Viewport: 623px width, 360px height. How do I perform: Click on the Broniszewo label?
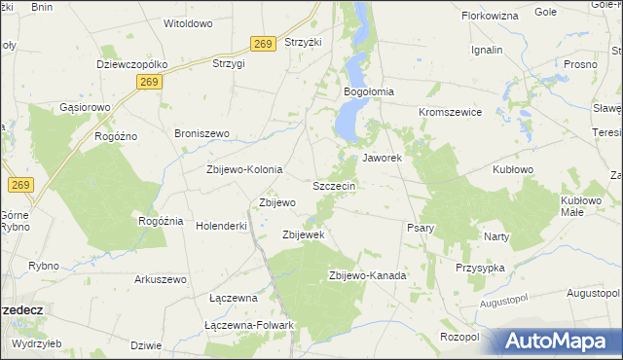tap(201, 132)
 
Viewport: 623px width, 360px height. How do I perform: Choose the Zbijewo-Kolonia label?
tap(244, 169)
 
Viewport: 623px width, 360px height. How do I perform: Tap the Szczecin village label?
tap(336, 185)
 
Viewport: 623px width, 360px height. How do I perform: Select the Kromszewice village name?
tap(451, 112)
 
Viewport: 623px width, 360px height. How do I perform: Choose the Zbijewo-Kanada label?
tap(368, 275)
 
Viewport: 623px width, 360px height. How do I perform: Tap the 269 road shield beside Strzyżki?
tap(261, 44)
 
